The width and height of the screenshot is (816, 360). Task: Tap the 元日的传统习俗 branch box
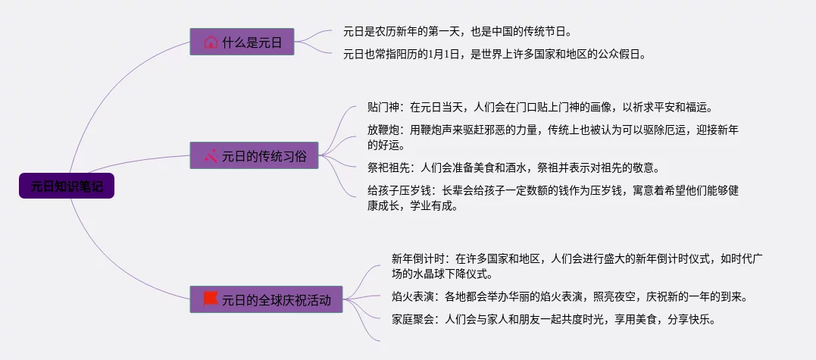pyautogui.click(x=254, y=156)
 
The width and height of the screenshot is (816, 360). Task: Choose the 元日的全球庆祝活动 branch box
pyautogui.click(x=267, y=299)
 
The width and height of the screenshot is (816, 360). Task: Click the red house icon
pyautogui.click(x=211, y=42)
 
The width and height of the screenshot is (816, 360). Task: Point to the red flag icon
pyautogui.click(x=210, y=299)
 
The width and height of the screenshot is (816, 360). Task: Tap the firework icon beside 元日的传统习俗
pyautogui.click(x=211, y=156)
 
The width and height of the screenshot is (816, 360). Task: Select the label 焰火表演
pyautogui.click(x=409, y=296)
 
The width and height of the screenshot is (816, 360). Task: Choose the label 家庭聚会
pyautogui.click(x=409, y=319)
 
